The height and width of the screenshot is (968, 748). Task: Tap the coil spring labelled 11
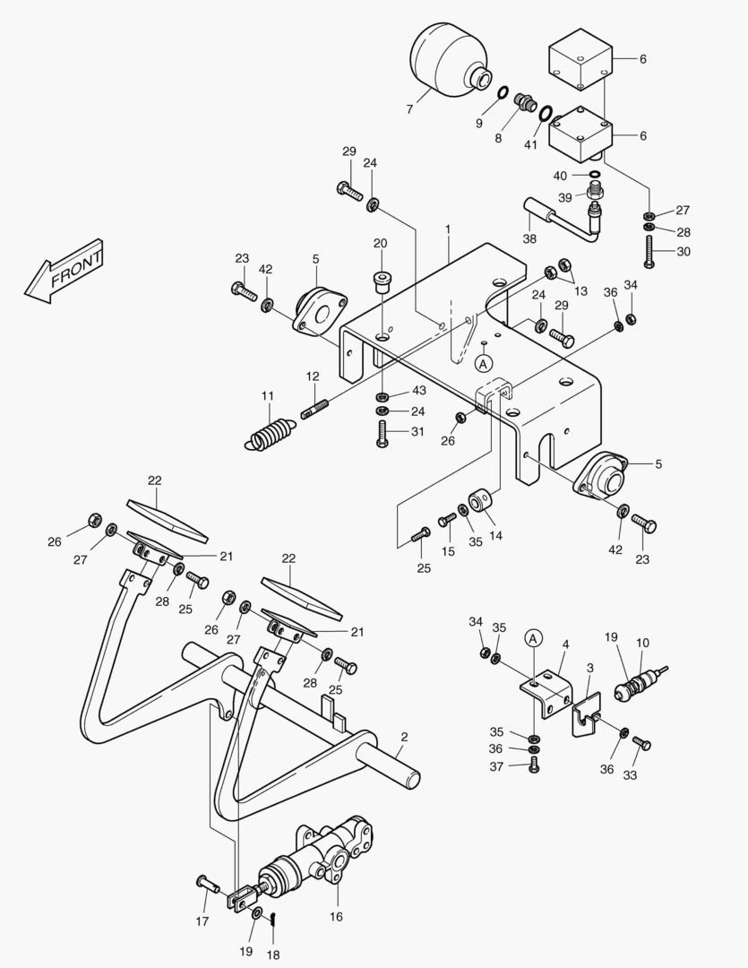pos(270,434)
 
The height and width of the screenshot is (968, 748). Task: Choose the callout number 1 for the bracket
pos(447,229)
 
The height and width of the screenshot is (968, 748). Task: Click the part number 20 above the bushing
pos(380,243)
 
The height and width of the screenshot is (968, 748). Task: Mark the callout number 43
pos(419,390)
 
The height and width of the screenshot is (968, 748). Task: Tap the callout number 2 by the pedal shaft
pos(404,737)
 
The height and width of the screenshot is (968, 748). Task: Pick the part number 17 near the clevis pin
pos(202,920)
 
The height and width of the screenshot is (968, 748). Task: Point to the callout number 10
pos(643,643)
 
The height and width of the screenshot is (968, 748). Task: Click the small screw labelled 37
pos(535,765)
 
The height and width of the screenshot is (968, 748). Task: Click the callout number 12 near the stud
pos(312,376)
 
